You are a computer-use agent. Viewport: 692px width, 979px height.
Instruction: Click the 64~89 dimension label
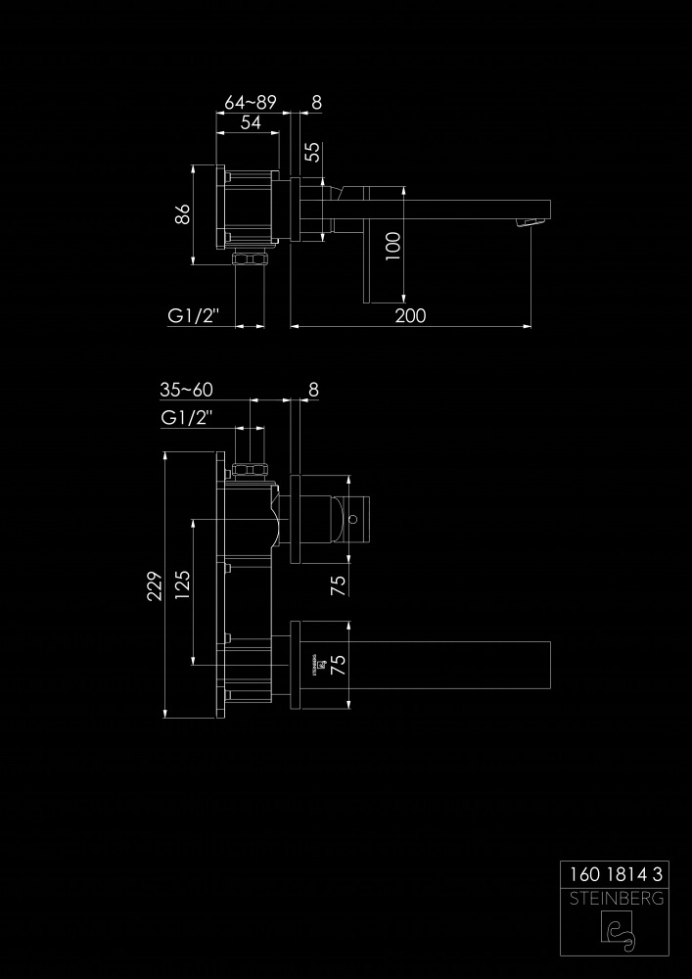[x=251, y=103]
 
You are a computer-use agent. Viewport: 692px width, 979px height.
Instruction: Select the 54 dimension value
[x=251, y=122]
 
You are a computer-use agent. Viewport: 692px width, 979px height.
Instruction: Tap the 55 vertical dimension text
[x=312, y=152]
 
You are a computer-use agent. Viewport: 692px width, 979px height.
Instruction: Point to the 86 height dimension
[x=182, y=214]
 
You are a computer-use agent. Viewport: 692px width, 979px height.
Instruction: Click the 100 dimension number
[x=392, y=246]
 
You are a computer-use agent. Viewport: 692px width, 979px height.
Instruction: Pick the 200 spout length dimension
[x=410, y=316]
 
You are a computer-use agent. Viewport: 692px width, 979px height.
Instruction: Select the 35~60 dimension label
[x=187, y=390]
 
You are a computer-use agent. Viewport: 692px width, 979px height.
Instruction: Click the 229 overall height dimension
[x=155, y=585]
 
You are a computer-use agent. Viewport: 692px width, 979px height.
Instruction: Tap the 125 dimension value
[x=183, y=585]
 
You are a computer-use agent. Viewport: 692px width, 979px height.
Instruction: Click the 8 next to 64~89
[x=316, y=103]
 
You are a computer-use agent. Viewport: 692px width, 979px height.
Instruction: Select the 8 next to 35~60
[x=313, y=390]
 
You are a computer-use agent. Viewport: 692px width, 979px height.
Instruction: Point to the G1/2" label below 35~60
[x=187, y=418]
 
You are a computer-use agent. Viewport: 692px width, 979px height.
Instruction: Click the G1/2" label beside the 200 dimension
[x=194, y=316]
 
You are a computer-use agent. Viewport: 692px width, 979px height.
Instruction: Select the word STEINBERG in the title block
[x=616, y=899]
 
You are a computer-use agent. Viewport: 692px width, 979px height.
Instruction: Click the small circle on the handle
[x=353, y=519]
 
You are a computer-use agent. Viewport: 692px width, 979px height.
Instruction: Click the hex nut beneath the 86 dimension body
[x=250, y=259]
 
